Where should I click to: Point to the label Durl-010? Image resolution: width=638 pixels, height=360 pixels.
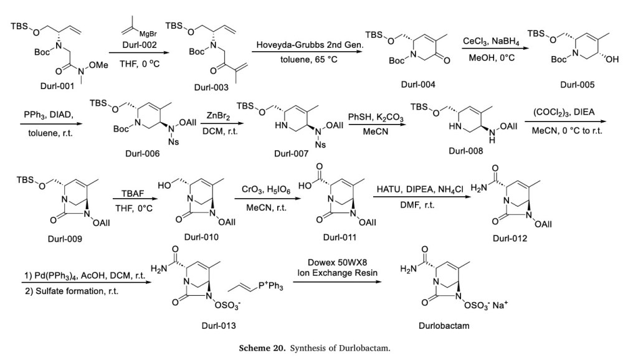(x=201, y=237)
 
